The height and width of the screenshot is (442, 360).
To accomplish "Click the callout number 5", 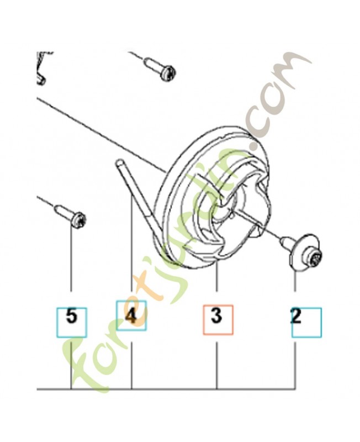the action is click(x=72, y=316).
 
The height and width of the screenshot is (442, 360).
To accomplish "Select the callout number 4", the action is click(x=130, y=316).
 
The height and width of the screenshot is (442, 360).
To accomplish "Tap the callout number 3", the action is click(x=216, y=316).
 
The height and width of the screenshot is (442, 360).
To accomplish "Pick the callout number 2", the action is click(x=296, y=316).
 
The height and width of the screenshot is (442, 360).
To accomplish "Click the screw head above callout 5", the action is click(x=78, y=219).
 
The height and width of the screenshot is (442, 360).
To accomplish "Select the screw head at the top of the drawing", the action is click(x=168, y=73).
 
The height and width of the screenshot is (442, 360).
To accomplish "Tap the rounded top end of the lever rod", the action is click(x=119, y=162).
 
